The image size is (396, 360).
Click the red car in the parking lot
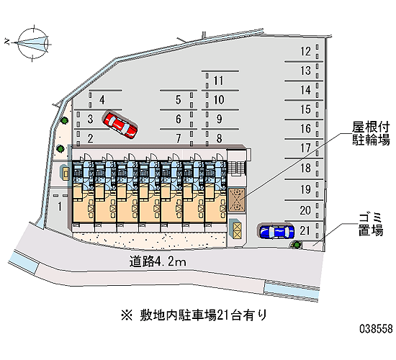click(x=120, y=125)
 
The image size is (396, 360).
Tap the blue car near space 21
click(x=276, y=231)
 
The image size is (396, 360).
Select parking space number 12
click(x=305, y=52)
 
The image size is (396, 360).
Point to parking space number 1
click(x=60, y=207)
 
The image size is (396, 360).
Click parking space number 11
click(x=218, y=81)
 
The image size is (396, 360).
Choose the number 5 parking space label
click(x=179, y=100)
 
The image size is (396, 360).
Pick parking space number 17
click(x=305, y=148)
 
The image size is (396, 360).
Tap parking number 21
click(x=305, y=230)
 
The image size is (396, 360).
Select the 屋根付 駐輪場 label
click(x=371, y=133)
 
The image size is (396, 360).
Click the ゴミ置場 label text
click(x=371, y=225)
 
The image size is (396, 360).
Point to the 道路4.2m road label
click(x=158, y=261)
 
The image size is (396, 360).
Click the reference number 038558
click(x=376, y=328)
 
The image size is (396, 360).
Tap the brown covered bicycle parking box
click(x=237, y=199)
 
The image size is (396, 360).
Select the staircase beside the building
click(x=237, y=168)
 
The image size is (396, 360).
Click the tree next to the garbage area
click(x=296, y=244)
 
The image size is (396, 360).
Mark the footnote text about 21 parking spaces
click(x=194, y=315)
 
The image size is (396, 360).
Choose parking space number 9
click(x=219, y=119)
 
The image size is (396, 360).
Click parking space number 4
click(x=102, y=100)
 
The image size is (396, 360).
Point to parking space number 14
click(x=305, y=90)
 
